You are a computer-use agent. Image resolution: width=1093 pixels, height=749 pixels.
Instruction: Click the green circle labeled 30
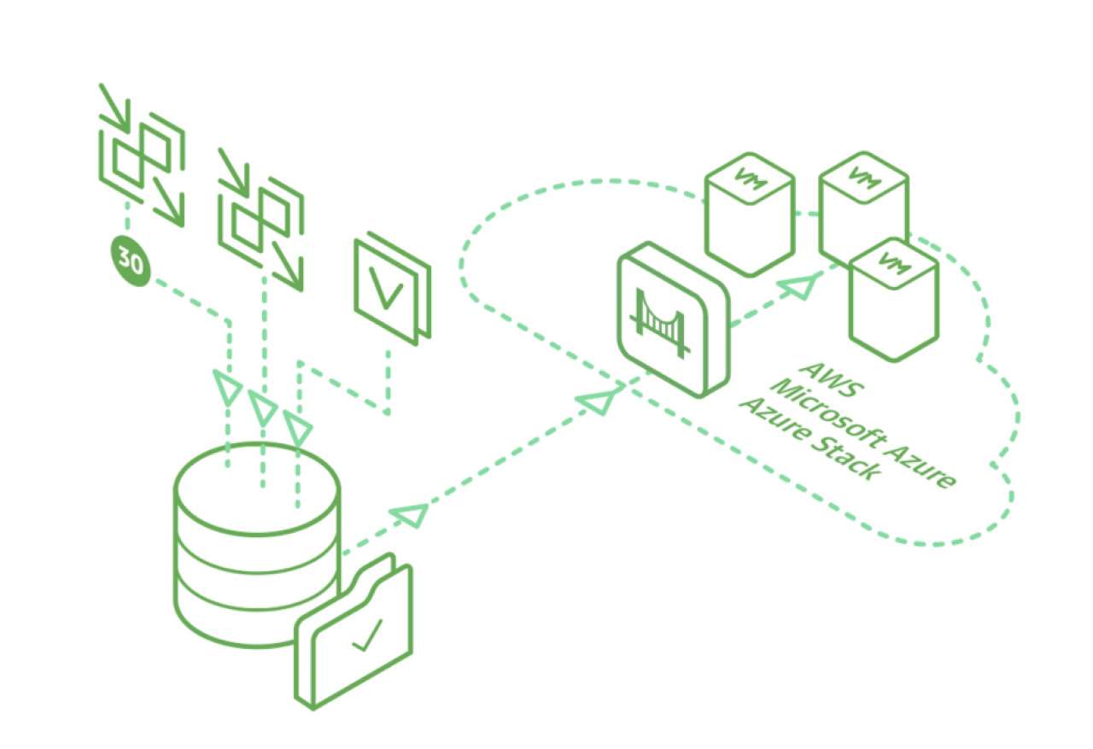click(x=130, y=263)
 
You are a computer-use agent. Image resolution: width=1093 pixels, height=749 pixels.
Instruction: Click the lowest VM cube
click(x=893, y=299)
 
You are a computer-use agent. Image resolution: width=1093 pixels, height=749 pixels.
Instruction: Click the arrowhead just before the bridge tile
click(x=601, y=399)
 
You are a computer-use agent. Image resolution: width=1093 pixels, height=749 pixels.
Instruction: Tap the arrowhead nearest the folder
click(x=410, y=515)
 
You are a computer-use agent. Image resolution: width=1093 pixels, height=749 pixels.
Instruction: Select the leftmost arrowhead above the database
click(x=227, y=388)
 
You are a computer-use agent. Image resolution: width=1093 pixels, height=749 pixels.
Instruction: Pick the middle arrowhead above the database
click(x=262, y=407)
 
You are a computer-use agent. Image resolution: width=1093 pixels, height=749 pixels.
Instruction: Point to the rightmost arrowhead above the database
click(x=297, y=425)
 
